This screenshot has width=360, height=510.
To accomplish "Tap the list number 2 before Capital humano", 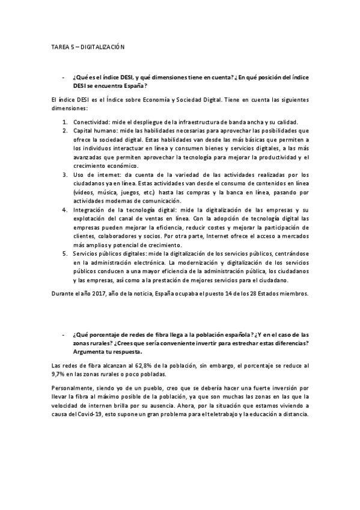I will coord(65,131).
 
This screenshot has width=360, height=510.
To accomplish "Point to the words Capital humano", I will coord(95,131).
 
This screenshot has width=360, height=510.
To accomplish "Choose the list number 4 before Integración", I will coord(65,209).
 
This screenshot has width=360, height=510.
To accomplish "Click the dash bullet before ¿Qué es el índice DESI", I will coord(63,78).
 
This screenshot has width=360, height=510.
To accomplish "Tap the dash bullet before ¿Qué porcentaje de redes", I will coord(63,334).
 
